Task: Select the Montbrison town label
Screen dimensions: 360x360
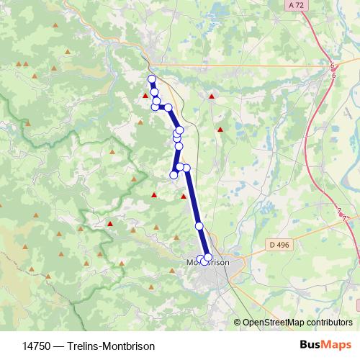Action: [208, 263]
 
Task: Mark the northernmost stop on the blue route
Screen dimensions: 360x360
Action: [151, 78]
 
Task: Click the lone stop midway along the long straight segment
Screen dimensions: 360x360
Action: [199, 227]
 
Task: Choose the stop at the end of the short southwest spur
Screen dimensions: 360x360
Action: [174, 175]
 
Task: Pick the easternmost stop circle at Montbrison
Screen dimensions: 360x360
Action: [208, 257]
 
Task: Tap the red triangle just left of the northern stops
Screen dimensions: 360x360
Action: [145, 94]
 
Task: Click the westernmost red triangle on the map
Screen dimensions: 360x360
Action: [110, 223]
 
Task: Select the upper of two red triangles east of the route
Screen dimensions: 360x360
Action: [211, 96]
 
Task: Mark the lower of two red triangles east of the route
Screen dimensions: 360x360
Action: [220, 130]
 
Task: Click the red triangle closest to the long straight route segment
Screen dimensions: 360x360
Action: [183, 195]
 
